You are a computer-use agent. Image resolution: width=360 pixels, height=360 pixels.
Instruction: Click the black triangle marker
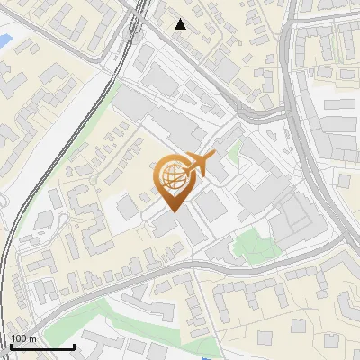[x=181, y=24]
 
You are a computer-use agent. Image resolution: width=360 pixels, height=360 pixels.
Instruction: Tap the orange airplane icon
[x=199, y=166]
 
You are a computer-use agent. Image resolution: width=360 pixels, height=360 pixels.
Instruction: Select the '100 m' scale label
[x=23, y=339]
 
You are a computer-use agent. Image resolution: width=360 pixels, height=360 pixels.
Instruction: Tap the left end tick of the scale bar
[x=10, y=346]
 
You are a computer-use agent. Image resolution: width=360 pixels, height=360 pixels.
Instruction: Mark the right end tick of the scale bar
[x=74, y=346]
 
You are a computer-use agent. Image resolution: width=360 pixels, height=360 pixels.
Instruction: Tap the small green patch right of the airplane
[x=233, y=154]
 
